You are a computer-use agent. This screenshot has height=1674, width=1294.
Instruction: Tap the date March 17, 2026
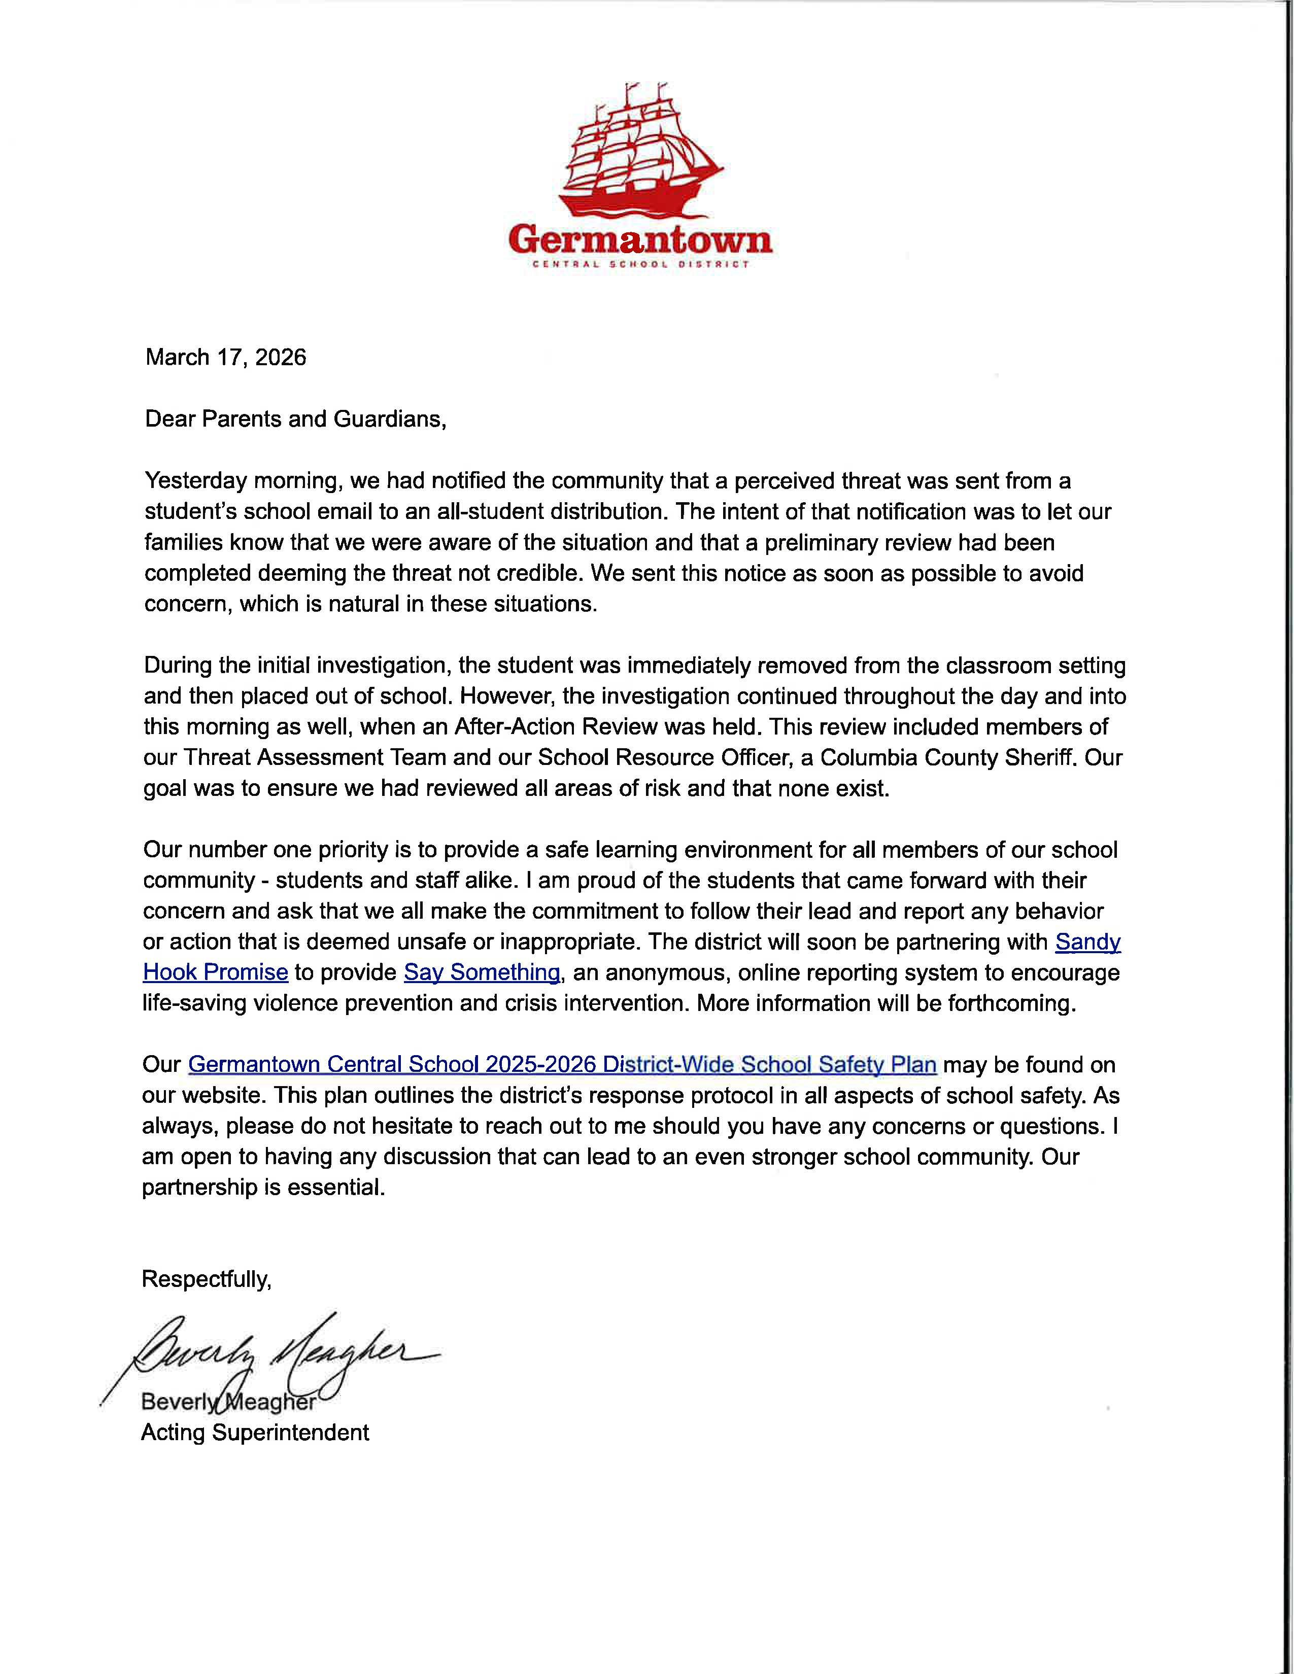pyautogui.click(x=226, y=357)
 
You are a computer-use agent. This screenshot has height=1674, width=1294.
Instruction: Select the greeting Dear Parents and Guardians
pyautogui.click(x=295, y=420)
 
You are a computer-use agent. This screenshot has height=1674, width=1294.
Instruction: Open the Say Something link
pyautogui.click(x=482, y=972)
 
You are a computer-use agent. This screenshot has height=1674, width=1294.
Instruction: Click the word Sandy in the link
pyautogui.click(x=1088, y=942)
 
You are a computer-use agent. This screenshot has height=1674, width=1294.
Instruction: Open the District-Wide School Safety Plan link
pyautogui.click(x=562, y=1065)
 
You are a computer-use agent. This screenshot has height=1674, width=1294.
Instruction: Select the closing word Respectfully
pyautogui.click(x=206, y=1279)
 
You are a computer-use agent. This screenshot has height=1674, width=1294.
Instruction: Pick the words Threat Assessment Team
pyautogui.click(x=314, y=757)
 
